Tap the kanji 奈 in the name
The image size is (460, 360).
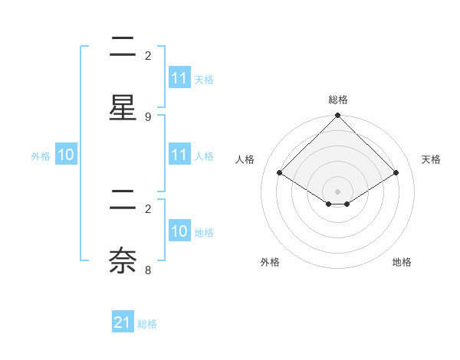(x=123, y=260)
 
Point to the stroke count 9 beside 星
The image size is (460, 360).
(x=148, y=117)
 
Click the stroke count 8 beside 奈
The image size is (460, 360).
(x=148, y=270)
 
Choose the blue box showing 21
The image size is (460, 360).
(x=123, y=323)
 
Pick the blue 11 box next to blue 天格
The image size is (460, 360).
(x=179, y=78)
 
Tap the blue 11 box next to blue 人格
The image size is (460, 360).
(x=179, y=155)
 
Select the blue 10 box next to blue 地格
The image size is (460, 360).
(x=179, y=231)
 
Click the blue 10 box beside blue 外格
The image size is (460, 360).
(x=66, y=155)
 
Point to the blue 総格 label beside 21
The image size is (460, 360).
(x=147, y=324)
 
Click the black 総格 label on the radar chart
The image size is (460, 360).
(x=338, y=100)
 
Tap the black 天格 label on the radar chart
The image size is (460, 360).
(x=431, y=159)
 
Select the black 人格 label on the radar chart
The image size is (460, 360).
(x=245, y=159)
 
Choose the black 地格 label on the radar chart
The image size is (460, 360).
(x=402, y=262)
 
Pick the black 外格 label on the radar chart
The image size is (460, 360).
(x=270, y=262)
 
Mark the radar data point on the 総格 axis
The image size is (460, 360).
(x=338, y=116)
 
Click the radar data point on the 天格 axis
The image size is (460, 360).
(x=396, y=172)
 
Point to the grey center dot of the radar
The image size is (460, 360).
(x=338, y=191)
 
